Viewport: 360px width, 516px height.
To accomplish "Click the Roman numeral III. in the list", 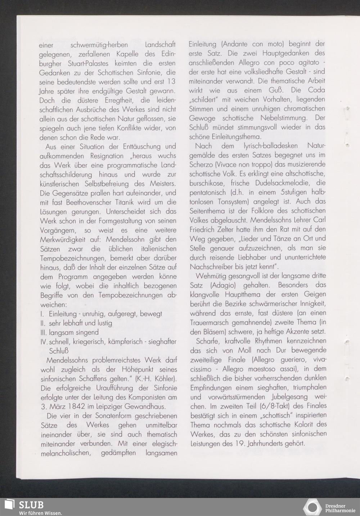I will tap(44, 332).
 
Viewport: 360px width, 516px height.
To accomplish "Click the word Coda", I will tap(316, 90).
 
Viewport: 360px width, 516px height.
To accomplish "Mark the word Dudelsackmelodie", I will tap(280, 183).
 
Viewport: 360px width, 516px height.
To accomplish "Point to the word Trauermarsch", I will tap(210, 322).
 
